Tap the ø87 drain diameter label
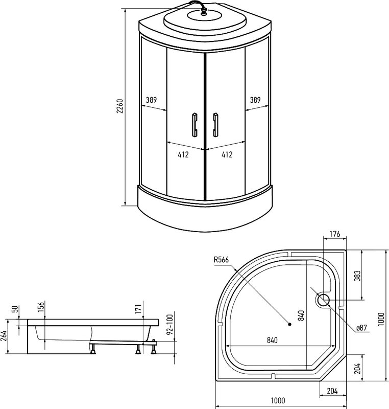point(361,327)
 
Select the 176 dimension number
point(335,235)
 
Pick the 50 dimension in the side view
point(15,310)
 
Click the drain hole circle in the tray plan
point(323,300)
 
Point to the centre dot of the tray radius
point(290,324)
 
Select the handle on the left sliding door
point(194,124)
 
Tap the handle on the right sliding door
point(215,124)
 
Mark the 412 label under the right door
point(227,154)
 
